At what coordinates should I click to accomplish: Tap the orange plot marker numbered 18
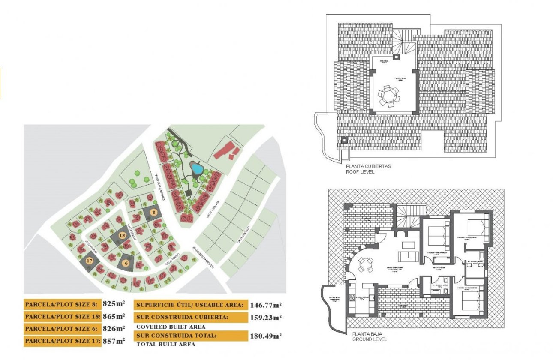pos(122,236)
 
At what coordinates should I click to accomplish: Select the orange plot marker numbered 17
pos(89,261)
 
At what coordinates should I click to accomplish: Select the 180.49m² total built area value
pos(265,336)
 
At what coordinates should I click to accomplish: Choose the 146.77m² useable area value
pos(265,305)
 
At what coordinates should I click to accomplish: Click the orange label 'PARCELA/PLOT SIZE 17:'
pos(62,341)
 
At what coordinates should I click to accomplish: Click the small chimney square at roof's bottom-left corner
pos(343,140)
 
